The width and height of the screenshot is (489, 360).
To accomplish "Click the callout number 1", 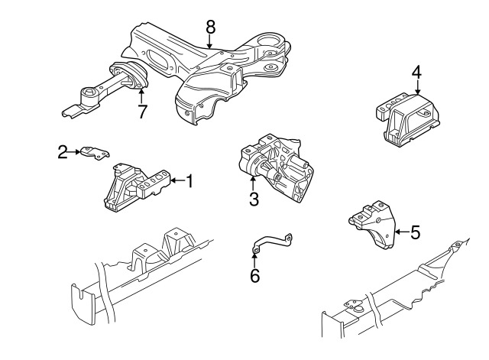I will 190,181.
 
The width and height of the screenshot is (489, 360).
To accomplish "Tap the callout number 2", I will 62,153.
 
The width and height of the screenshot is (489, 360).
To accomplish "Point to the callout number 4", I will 416,72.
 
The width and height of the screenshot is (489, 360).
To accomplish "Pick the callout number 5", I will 415,232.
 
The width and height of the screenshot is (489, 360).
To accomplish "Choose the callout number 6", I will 254,275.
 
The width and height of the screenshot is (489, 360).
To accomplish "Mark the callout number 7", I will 142,112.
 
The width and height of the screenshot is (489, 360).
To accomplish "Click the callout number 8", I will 210,27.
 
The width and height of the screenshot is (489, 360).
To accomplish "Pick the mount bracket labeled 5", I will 374,225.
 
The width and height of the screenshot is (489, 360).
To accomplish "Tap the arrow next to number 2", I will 77,153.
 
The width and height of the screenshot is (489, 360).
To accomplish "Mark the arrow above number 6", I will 254,256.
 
